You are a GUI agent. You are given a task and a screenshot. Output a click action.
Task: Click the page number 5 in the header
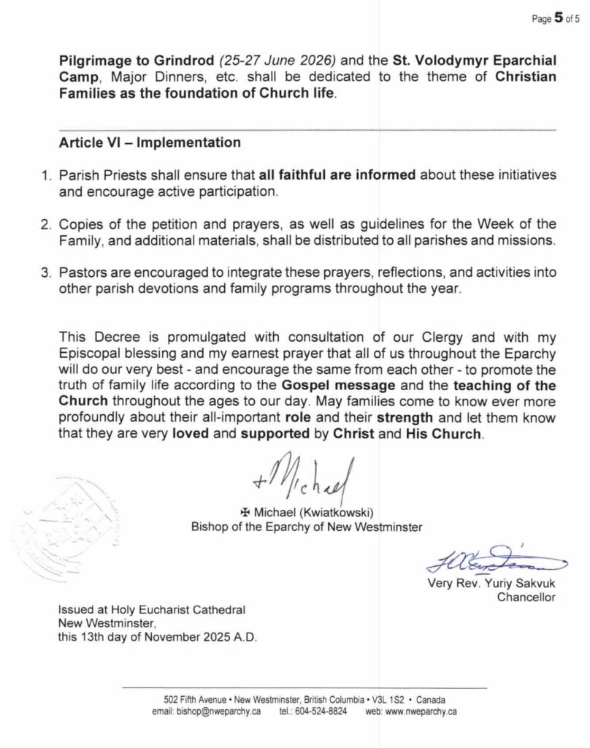[x=558, y=19]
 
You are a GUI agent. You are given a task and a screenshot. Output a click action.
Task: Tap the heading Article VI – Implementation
[x=149, y=142]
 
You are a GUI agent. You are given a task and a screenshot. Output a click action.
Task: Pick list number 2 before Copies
[x=44, y=224]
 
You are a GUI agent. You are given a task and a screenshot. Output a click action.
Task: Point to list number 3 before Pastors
[x=44, y=272]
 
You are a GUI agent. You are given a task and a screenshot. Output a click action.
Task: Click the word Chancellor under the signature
[x=526, y=598]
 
